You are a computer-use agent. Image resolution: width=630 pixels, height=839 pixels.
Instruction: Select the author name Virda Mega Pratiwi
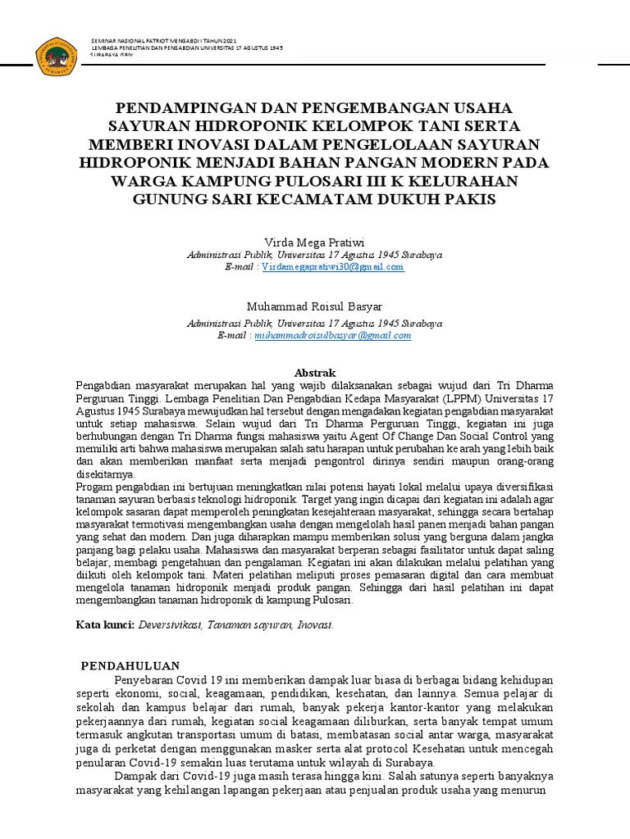315,243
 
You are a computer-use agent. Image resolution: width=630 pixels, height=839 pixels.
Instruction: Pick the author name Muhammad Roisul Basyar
315,306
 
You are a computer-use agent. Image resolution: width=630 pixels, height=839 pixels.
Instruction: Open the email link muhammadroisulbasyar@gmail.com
333,335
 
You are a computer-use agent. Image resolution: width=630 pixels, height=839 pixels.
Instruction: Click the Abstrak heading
315,372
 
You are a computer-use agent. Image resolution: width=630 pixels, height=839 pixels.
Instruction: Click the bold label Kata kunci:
105,624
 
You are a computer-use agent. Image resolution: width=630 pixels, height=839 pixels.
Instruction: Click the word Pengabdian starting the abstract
106,385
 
